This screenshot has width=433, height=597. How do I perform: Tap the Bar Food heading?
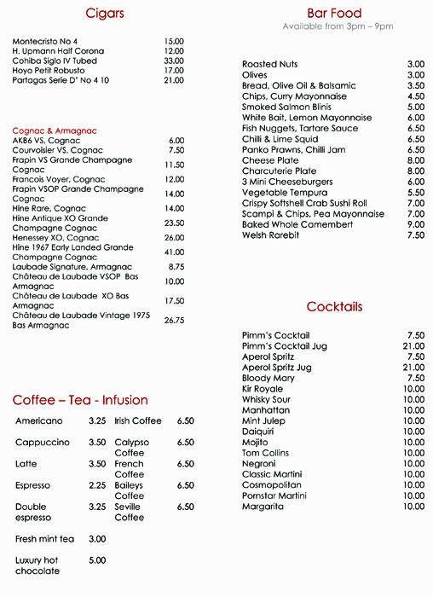(334, 14)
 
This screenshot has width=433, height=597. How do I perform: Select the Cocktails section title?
(334, 306)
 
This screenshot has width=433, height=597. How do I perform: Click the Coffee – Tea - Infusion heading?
(80, 400)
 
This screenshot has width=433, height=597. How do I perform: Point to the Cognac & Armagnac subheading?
(55, 130)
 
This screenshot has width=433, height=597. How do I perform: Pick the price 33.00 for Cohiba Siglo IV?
(174, 61)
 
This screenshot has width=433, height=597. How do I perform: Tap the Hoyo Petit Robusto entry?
(51, 71)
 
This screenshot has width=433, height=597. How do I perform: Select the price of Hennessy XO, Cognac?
(174, 238)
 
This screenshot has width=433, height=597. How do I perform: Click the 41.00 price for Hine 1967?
(174, 252)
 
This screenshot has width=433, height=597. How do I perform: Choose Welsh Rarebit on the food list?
(270, 235)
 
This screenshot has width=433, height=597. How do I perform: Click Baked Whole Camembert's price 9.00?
(415, 224)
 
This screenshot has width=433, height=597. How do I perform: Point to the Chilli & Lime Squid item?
(280, 139)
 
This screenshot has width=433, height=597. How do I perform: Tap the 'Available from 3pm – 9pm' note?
(338, 26)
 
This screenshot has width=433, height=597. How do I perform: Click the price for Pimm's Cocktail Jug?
(413, 345)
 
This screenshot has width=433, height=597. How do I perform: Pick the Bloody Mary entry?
(268, 378)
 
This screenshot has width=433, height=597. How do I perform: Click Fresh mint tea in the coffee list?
(44, 539)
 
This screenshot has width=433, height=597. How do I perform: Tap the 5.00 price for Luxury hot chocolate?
(97, 560)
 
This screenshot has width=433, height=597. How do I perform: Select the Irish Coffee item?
(137, 420)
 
